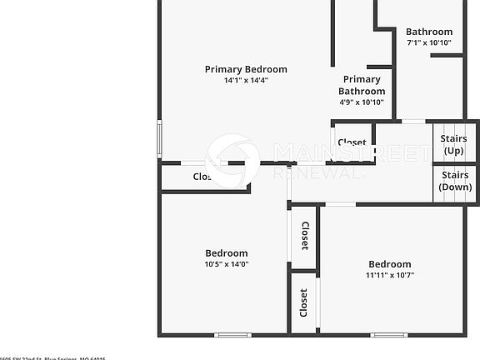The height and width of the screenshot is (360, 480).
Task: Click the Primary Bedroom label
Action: [x=246, y=69]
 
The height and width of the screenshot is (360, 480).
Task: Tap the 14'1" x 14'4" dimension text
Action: [x=246, y=81]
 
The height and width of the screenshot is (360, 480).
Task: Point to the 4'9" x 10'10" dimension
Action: [x=362, y=102]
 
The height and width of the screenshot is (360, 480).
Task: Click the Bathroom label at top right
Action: [x=429, y=32]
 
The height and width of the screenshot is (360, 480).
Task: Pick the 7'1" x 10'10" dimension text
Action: [x=429, y=42]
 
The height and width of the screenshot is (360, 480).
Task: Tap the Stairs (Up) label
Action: [x=454, y=144]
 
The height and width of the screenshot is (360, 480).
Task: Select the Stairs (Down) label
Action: [x=456, y=181]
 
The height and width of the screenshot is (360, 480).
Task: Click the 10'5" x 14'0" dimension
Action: [x=227, y=264]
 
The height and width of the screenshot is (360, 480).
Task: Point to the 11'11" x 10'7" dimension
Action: [x=390, y=275]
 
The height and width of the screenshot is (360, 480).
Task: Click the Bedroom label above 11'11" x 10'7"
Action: [x=390, y=264]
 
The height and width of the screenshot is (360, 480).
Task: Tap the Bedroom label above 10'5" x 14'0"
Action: [x=227, y=253]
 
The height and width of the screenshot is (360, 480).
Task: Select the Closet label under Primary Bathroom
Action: [x=352, y=142]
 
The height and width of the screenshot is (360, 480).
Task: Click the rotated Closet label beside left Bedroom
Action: [x=304, y=236]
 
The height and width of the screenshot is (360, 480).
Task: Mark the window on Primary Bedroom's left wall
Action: [x=159, y=138]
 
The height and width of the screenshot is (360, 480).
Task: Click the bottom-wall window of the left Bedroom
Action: [x=232, y=335]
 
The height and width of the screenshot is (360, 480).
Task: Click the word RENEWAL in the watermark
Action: [x=318, y=172]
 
